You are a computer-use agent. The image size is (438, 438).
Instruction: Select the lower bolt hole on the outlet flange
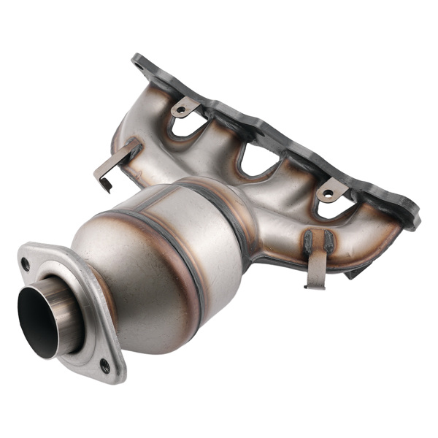pos(105,362)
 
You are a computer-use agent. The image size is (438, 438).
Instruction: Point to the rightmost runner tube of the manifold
pos(365,226)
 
